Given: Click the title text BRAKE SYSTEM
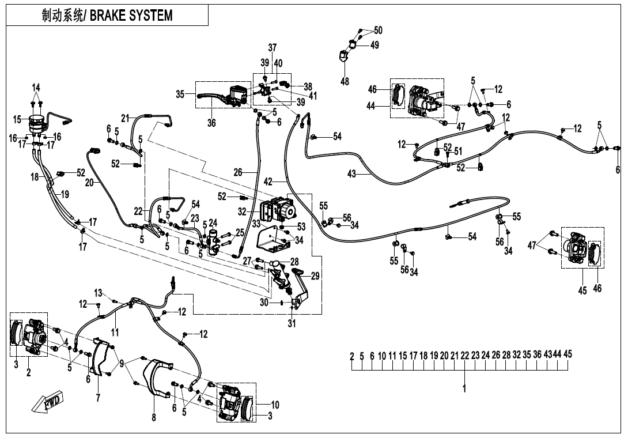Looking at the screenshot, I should pos(131,16).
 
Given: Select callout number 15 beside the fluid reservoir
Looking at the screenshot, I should pos(17,119).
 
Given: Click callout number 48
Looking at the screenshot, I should pos(345,82).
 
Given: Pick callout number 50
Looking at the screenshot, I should pos(378,30).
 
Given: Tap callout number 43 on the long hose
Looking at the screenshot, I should pos(351,174).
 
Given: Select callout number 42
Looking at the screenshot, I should pos(268,182).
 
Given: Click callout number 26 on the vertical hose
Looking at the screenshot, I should pos(237,172).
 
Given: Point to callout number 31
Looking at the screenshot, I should pos(292,324).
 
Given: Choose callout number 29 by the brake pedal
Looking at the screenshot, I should pos(315,276).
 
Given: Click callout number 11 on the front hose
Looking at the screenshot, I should pos(115,332).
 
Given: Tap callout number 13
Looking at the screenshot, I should pos(98,293).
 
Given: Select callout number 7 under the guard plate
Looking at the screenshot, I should pos(98,398).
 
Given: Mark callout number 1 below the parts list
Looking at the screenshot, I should pos(464,389).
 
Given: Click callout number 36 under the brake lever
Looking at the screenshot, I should pos(211,123).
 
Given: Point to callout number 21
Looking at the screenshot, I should pos(125,118).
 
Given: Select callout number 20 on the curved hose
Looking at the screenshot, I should pos(89,182).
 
